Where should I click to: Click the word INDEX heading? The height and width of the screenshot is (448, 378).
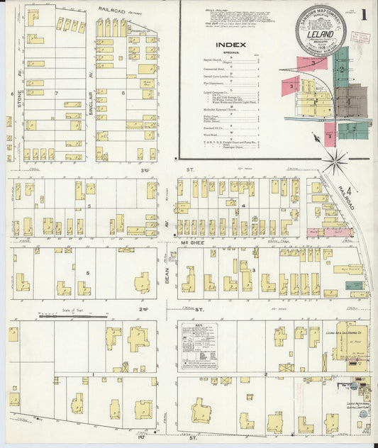(x=235, y=44)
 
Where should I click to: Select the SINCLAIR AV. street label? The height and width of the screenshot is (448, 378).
(x=91, y=63)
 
